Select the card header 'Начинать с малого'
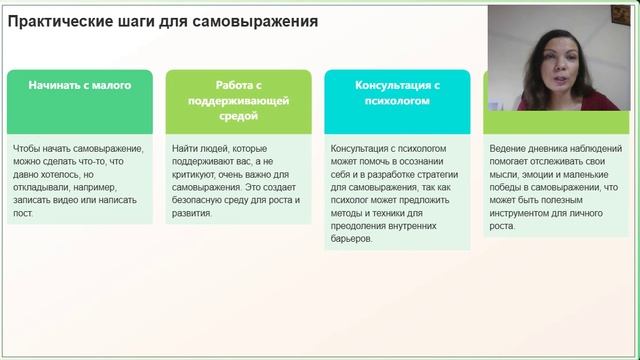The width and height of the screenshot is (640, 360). pos(80,86)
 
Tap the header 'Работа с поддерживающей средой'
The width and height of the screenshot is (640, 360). pos(236,101)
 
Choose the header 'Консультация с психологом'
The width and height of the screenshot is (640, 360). pos(398,93)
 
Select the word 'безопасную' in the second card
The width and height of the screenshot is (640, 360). pos(201,200)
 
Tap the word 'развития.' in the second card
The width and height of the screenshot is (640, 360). pos(195,213)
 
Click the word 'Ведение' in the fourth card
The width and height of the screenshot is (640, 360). pos(509,148)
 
